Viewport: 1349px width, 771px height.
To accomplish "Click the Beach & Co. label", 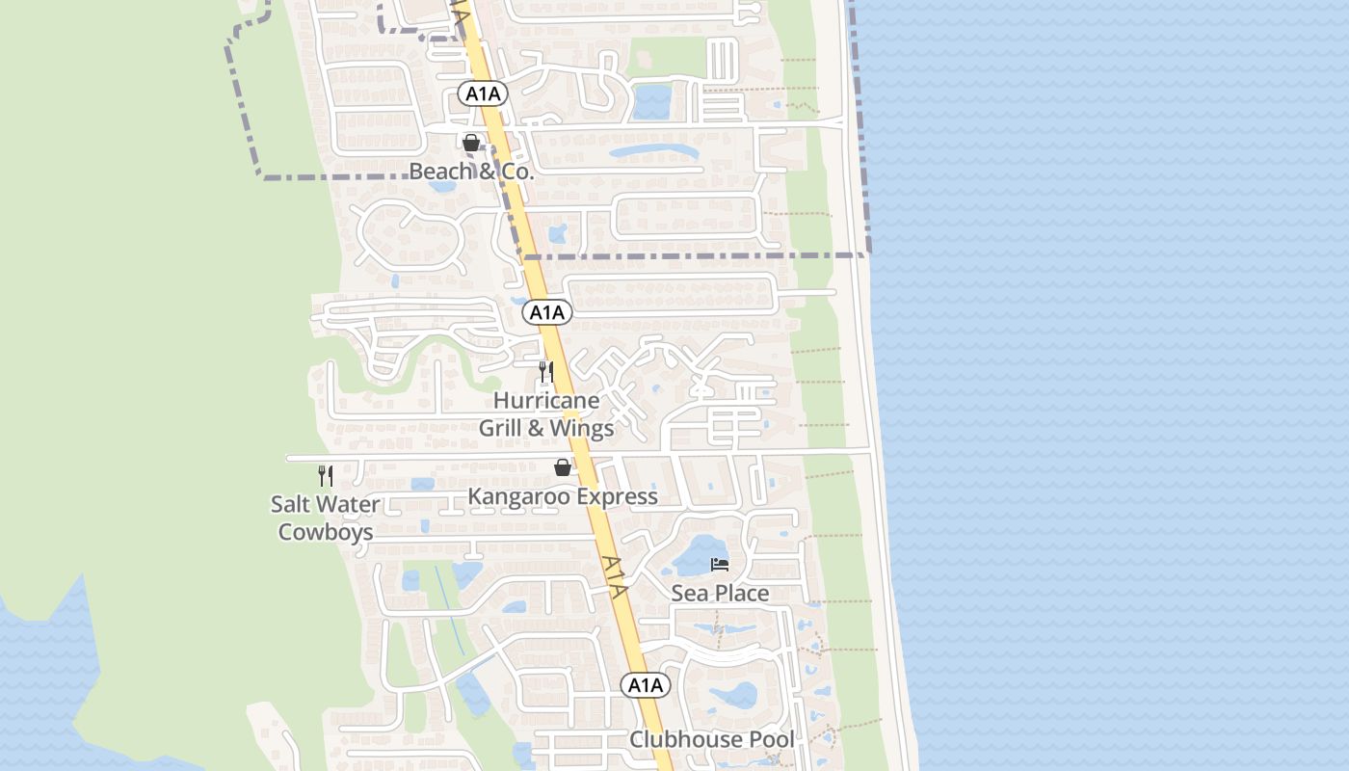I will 471,172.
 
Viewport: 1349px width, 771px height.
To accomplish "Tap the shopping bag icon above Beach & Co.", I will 471,144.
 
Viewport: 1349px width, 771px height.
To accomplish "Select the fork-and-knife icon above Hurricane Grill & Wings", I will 545,372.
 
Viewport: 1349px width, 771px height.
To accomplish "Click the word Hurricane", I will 546,400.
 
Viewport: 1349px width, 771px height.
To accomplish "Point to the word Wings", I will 582,428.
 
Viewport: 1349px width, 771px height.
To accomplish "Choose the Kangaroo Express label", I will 563,496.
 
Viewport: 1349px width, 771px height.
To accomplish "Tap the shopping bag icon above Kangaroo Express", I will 563,468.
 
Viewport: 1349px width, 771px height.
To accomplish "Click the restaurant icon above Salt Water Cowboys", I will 326,475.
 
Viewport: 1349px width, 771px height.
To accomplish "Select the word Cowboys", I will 326,531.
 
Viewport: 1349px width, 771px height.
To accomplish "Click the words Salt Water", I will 326,504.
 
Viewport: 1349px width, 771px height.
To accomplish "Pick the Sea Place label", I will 720,593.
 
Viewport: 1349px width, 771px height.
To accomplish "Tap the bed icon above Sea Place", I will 720,565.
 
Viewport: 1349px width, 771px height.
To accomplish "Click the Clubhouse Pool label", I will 712,739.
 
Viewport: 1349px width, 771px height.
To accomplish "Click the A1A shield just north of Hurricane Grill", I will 547,312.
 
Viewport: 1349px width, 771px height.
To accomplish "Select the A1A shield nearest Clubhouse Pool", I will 645,685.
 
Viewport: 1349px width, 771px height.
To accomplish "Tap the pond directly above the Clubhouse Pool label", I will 733,695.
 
